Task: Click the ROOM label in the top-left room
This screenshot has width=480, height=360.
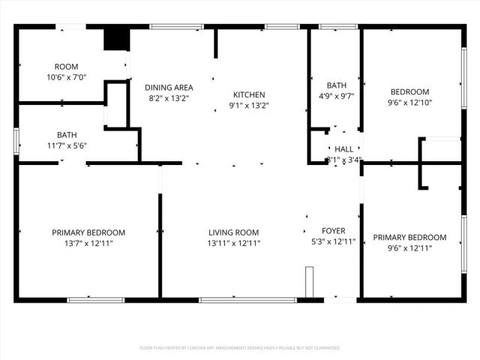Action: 66,67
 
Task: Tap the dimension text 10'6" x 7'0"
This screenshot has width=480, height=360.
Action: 66,77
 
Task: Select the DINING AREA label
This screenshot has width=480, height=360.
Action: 168,87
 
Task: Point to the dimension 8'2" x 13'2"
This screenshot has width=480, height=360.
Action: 168,97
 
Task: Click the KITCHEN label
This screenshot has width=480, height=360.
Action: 249,94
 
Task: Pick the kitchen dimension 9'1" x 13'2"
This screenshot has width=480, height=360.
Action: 249,105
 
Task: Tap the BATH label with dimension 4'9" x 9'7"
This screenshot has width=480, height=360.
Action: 336,85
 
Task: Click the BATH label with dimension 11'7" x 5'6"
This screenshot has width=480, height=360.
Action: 66,135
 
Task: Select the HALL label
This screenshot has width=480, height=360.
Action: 343,149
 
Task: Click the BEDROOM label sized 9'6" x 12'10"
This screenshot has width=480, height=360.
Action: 409,91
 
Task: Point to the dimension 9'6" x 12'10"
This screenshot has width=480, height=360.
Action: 409,102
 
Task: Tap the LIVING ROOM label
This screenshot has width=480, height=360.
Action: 233,232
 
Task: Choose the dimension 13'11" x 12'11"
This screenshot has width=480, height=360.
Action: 233,243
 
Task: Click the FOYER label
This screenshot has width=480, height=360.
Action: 333,231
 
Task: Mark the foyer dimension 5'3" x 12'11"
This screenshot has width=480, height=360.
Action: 333,241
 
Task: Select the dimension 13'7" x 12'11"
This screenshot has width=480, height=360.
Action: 88,243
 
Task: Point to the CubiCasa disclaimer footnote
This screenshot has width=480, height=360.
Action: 240,348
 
